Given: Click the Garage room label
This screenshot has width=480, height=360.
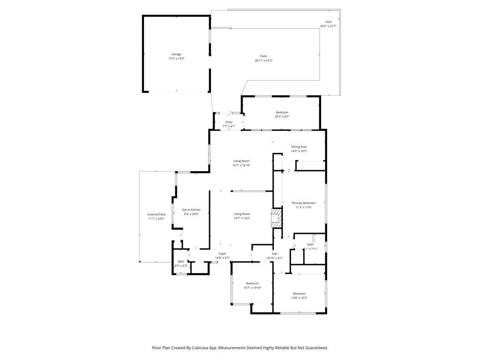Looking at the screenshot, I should click(x=176, y=54).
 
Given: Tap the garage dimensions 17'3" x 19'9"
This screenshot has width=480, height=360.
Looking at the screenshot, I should click(x=176, y=59).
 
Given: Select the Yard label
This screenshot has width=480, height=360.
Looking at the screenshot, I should click(x=328, y=22).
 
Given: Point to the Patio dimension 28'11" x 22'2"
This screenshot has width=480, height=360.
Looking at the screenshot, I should click(x=263, y=60).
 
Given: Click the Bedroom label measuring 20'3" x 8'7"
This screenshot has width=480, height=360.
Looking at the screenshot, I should click(x=282, y=112).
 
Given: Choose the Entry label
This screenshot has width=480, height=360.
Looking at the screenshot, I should click(x=229, y=122).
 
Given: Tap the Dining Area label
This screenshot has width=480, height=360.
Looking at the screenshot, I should click(x=299, y=147).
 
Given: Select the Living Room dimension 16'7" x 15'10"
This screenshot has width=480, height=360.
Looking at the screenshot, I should click(x=241, y=165).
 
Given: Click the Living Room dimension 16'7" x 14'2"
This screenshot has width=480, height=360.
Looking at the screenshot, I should click(x=241, y=218).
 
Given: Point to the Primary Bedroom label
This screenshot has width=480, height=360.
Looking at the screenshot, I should click(x=303, y=203).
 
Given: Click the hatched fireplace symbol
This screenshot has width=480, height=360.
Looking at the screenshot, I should click(x=277, y=218).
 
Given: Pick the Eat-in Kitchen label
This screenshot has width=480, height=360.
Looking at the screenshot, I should click(x=191, y=210).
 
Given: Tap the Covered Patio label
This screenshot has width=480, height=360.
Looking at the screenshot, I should click(x=157, y=214).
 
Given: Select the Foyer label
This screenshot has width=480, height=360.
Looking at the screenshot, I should click(x=222, y=254).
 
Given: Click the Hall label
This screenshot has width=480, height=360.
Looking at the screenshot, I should click(x=275, y=254).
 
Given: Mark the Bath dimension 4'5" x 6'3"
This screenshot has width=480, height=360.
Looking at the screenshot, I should click(x=181, y=266).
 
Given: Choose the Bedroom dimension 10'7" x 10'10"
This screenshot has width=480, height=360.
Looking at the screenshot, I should click(x=252, y=288).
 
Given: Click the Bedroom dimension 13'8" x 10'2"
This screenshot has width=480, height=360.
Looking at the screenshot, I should click(x=299, y=298).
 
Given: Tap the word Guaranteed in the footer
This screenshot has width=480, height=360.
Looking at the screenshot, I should click(x=316, y=348).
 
